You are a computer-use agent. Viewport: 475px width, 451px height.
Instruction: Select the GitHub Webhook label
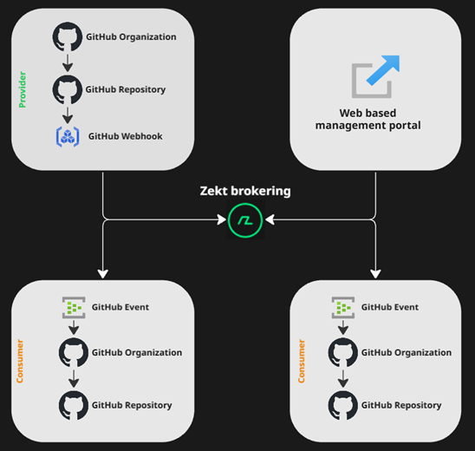(125, 136)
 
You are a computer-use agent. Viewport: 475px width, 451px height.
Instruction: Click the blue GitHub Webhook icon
(68, 136)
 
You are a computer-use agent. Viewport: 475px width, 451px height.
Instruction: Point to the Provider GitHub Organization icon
(67, 37)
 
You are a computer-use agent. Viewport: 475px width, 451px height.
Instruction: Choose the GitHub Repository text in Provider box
(125, 89)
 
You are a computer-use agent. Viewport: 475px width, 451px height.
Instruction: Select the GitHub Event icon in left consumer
(74, 307)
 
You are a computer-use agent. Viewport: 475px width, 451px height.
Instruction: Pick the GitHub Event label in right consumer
(389, 307)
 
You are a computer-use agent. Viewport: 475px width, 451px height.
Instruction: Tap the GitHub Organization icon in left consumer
(74, 353)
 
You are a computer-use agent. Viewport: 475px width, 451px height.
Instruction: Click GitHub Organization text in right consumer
(406, 353)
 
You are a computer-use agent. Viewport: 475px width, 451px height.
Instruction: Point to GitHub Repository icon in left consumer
(74, 404)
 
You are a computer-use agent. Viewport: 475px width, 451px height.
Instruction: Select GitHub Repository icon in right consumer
(344, 404)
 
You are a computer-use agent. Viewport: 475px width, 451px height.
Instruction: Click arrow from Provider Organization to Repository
(67, 63)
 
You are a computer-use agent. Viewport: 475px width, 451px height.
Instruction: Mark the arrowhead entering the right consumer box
(375, 273)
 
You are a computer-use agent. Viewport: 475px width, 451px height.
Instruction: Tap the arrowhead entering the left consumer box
(103, 273)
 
